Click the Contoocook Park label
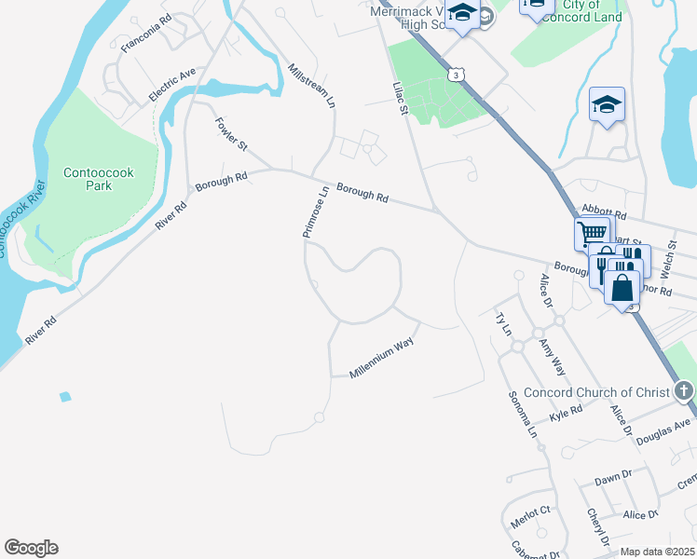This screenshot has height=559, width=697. [88, 179]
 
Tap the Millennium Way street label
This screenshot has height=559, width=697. [381, 358]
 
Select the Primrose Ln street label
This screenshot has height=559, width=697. [316, 212]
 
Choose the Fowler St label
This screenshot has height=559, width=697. [231, 134]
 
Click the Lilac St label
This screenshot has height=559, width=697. [400, 98]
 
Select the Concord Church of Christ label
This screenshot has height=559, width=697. [596, 392]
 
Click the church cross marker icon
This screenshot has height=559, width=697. [685, 390]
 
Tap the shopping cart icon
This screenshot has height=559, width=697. [592, 232]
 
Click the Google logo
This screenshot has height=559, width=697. [31, 548]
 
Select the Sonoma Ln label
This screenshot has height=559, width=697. [521, 416]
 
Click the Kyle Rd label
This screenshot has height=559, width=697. [566, 413]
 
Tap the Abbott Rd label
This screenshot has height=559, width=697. [600, 212]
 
